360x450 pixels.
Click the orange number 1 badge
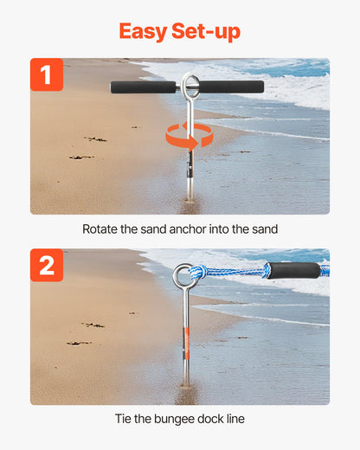pos(47,74)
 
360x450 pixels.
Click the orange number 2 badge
pos(47,266)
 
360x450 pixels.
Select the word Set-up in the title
pos(209,32)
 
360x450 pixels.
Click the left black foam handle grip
pos(145,87)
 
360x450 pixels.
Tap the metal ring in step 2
pos(183,276)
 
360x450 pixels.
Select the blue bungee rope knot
pos(198,273)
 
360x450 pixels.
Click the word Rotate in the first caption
pos(103,229)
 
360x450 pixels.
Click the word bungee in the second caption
pos(178,419)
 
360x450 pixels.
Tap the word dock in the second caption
pos(216,419)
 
